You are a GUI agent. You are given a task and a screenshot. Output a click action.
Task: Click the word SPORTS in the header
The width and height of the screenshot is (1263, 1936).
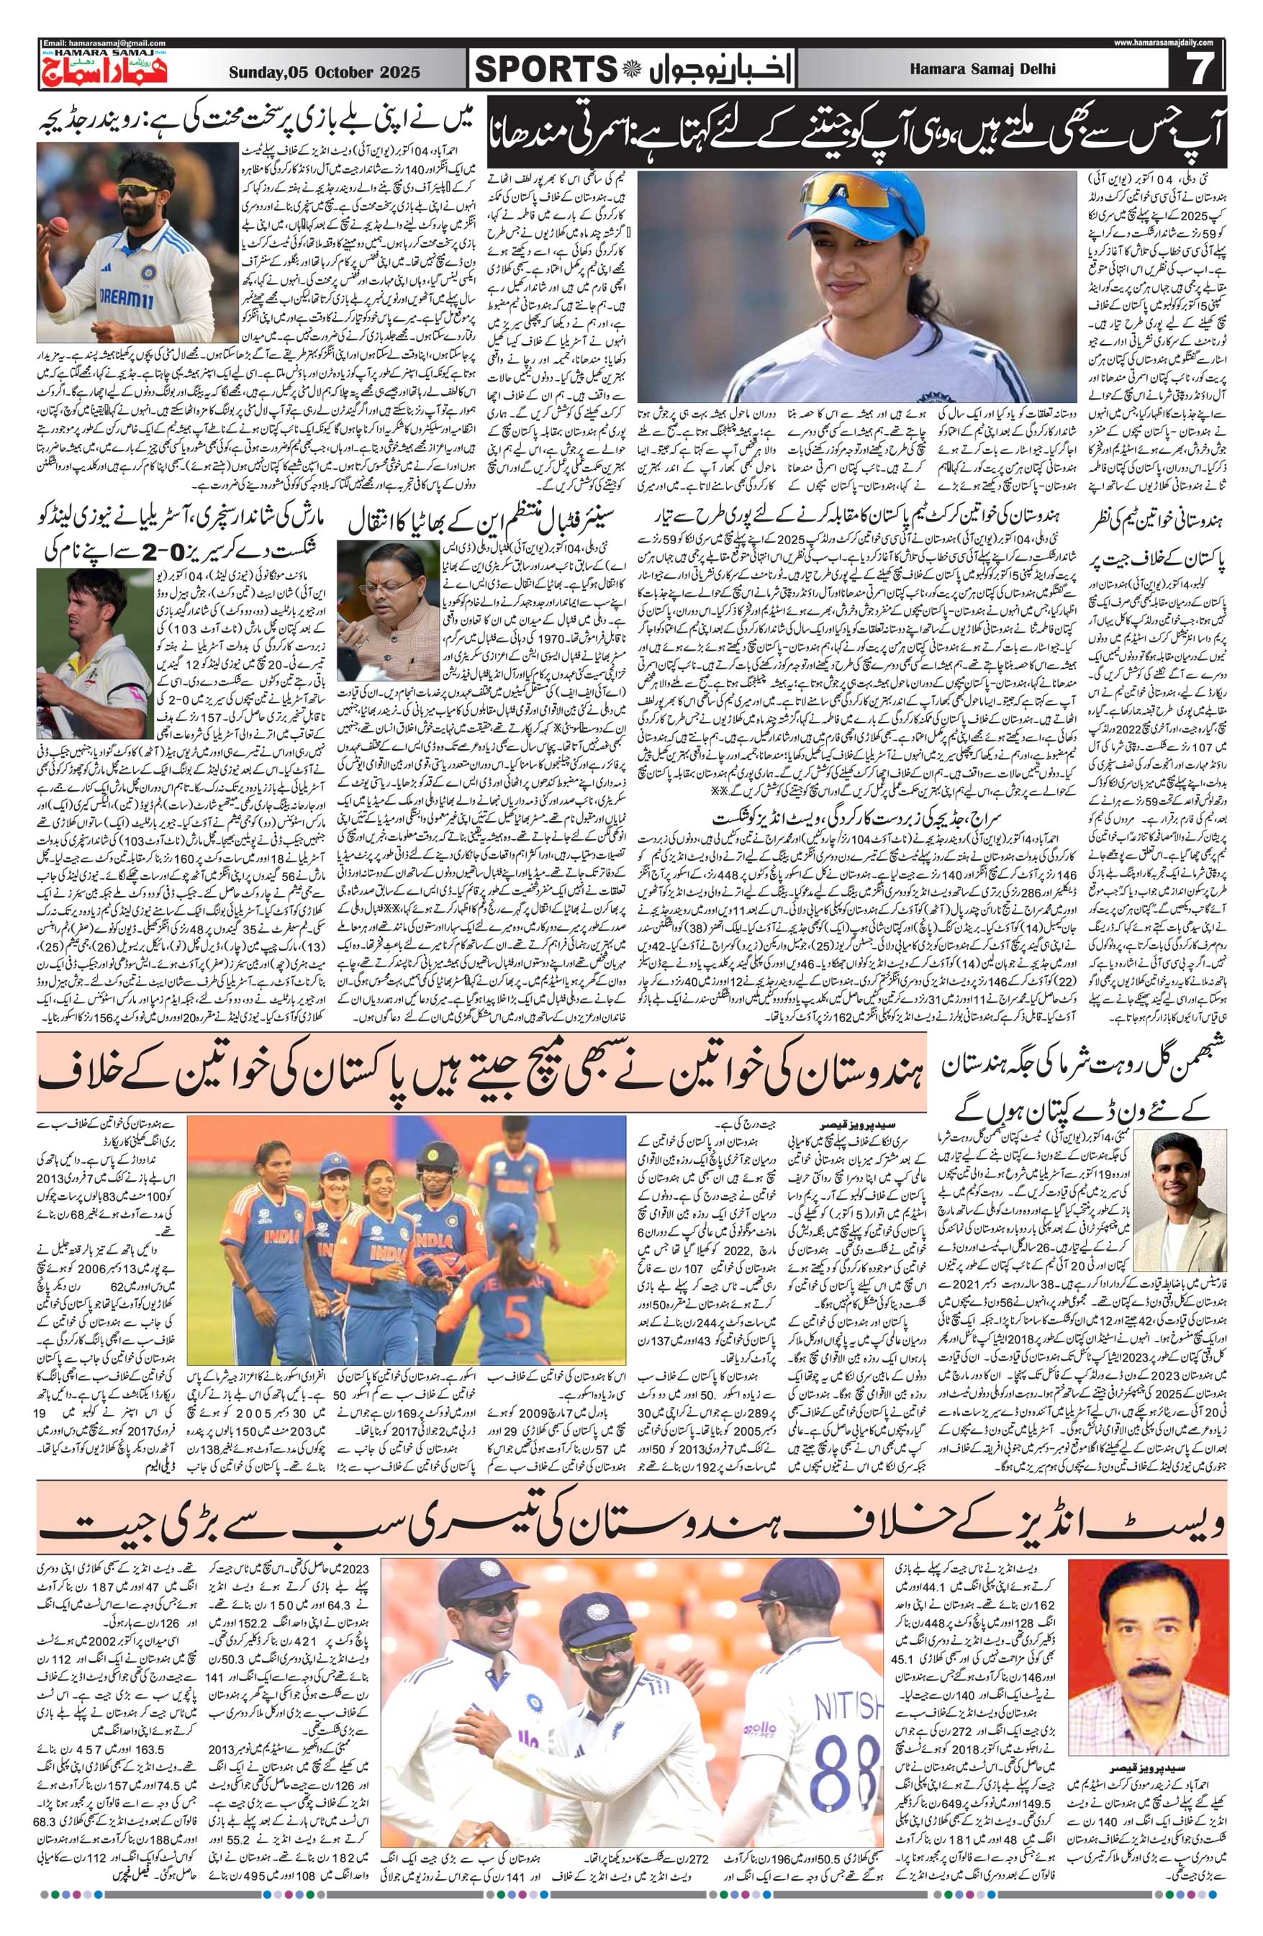543,71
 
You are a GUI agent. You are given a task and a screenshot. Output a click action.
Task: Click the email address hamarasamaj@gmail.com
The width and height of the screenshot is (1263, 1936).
104,42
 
